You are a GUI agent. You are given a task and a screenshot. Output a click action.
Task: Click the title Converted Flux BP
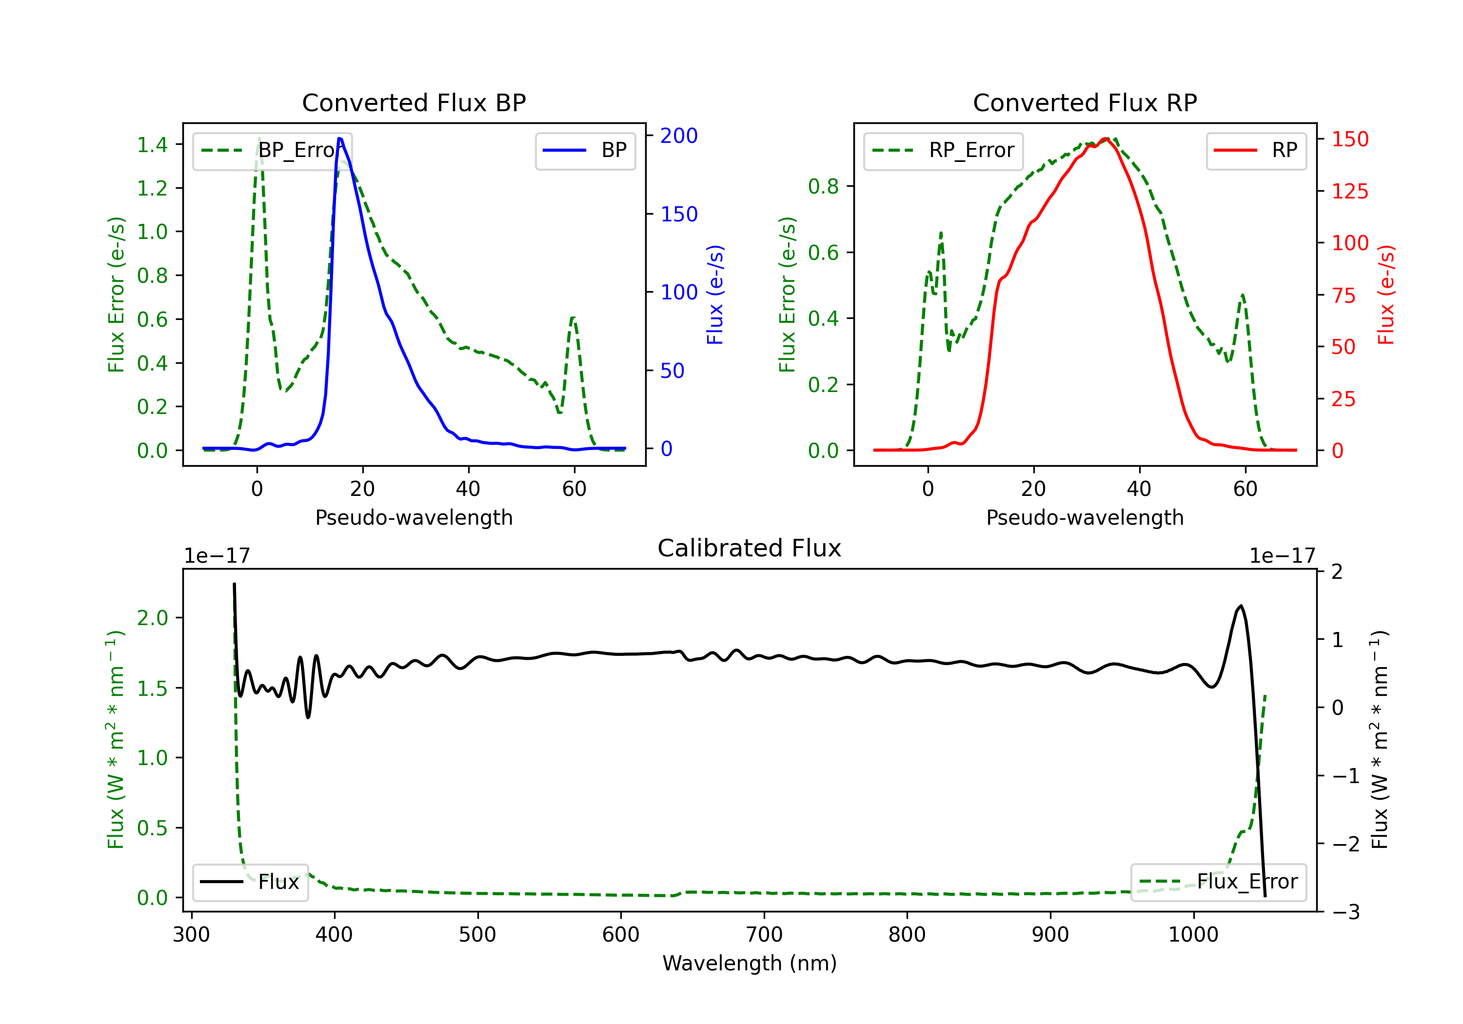pos(414,102)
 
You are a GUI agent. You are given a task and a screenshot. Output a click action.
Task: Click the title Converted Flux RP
pos(1085,102)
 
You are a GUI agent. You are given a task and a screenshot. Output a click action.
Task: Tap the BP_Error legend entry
pos(273,150)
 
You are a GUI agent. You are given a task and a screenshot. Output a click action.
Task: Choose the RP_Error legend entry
pos(944,150)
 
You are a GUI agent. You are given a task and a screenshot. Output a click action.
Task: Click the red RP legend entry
pos(1256,150)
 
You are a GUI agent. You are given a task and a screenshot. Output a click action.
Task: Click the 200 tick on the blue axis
pos(679,136)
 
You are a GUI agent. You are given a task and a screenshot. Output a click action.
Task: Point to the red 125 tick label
pos(1349,191)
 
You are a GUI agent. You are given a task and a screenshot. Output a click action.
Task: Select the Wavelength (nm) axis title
pos(750,964)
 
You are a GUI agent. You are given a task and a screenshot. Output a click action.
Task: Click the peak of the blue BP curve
pos(339,138)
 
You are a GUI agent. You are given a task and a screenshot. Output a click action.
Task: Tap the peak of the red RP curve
pos(1106,138)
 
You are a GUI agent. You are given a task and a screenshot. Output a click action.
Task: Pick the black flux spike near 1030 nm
pos(1240,606)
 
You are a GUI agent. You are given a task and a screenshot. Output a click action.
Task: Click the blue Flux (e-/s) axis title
pos(715,295)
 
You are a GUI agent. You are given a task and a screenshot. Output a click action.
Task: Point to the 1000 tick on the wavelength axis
pos(1193,935)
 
